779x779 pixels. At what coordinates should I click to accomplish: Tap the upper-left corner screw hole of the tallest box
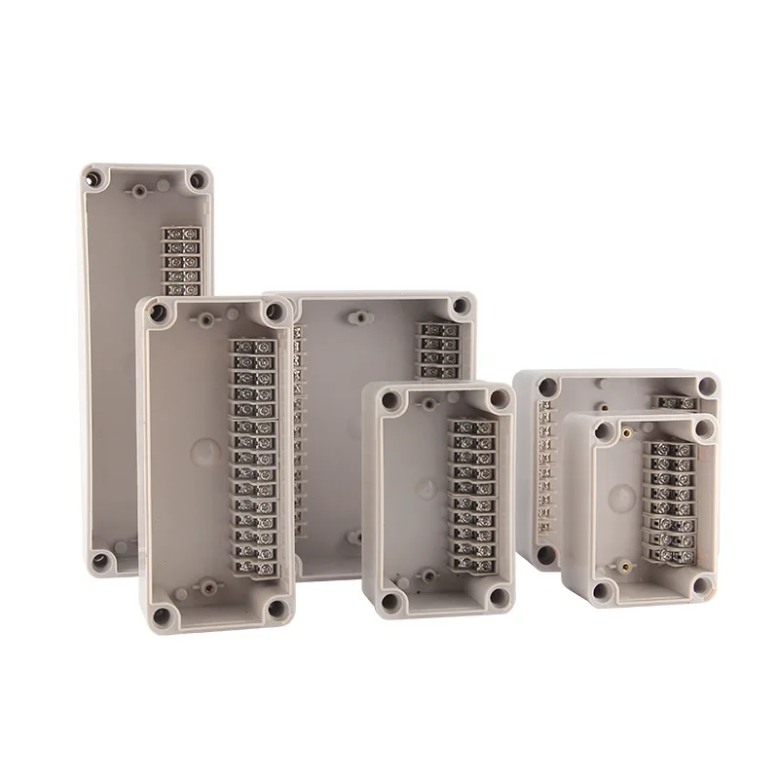point(94,179)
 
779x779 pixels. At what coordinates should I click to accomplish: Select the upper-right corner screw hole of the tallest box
point(198,180)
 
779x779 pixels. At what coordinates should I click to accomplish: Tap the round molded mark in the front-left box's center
point(205,452)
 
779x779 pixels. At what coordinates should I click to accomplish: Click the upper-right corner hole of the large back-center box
point(460,306)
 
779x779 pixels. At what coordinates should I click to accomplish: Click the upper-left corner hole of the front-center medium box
point(389,399)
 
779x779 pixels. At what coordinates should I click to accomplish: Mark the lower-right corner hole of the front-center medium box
point(499,597)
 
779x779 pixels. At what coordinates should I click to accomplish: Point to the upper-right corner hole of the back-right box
point(706,387)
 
